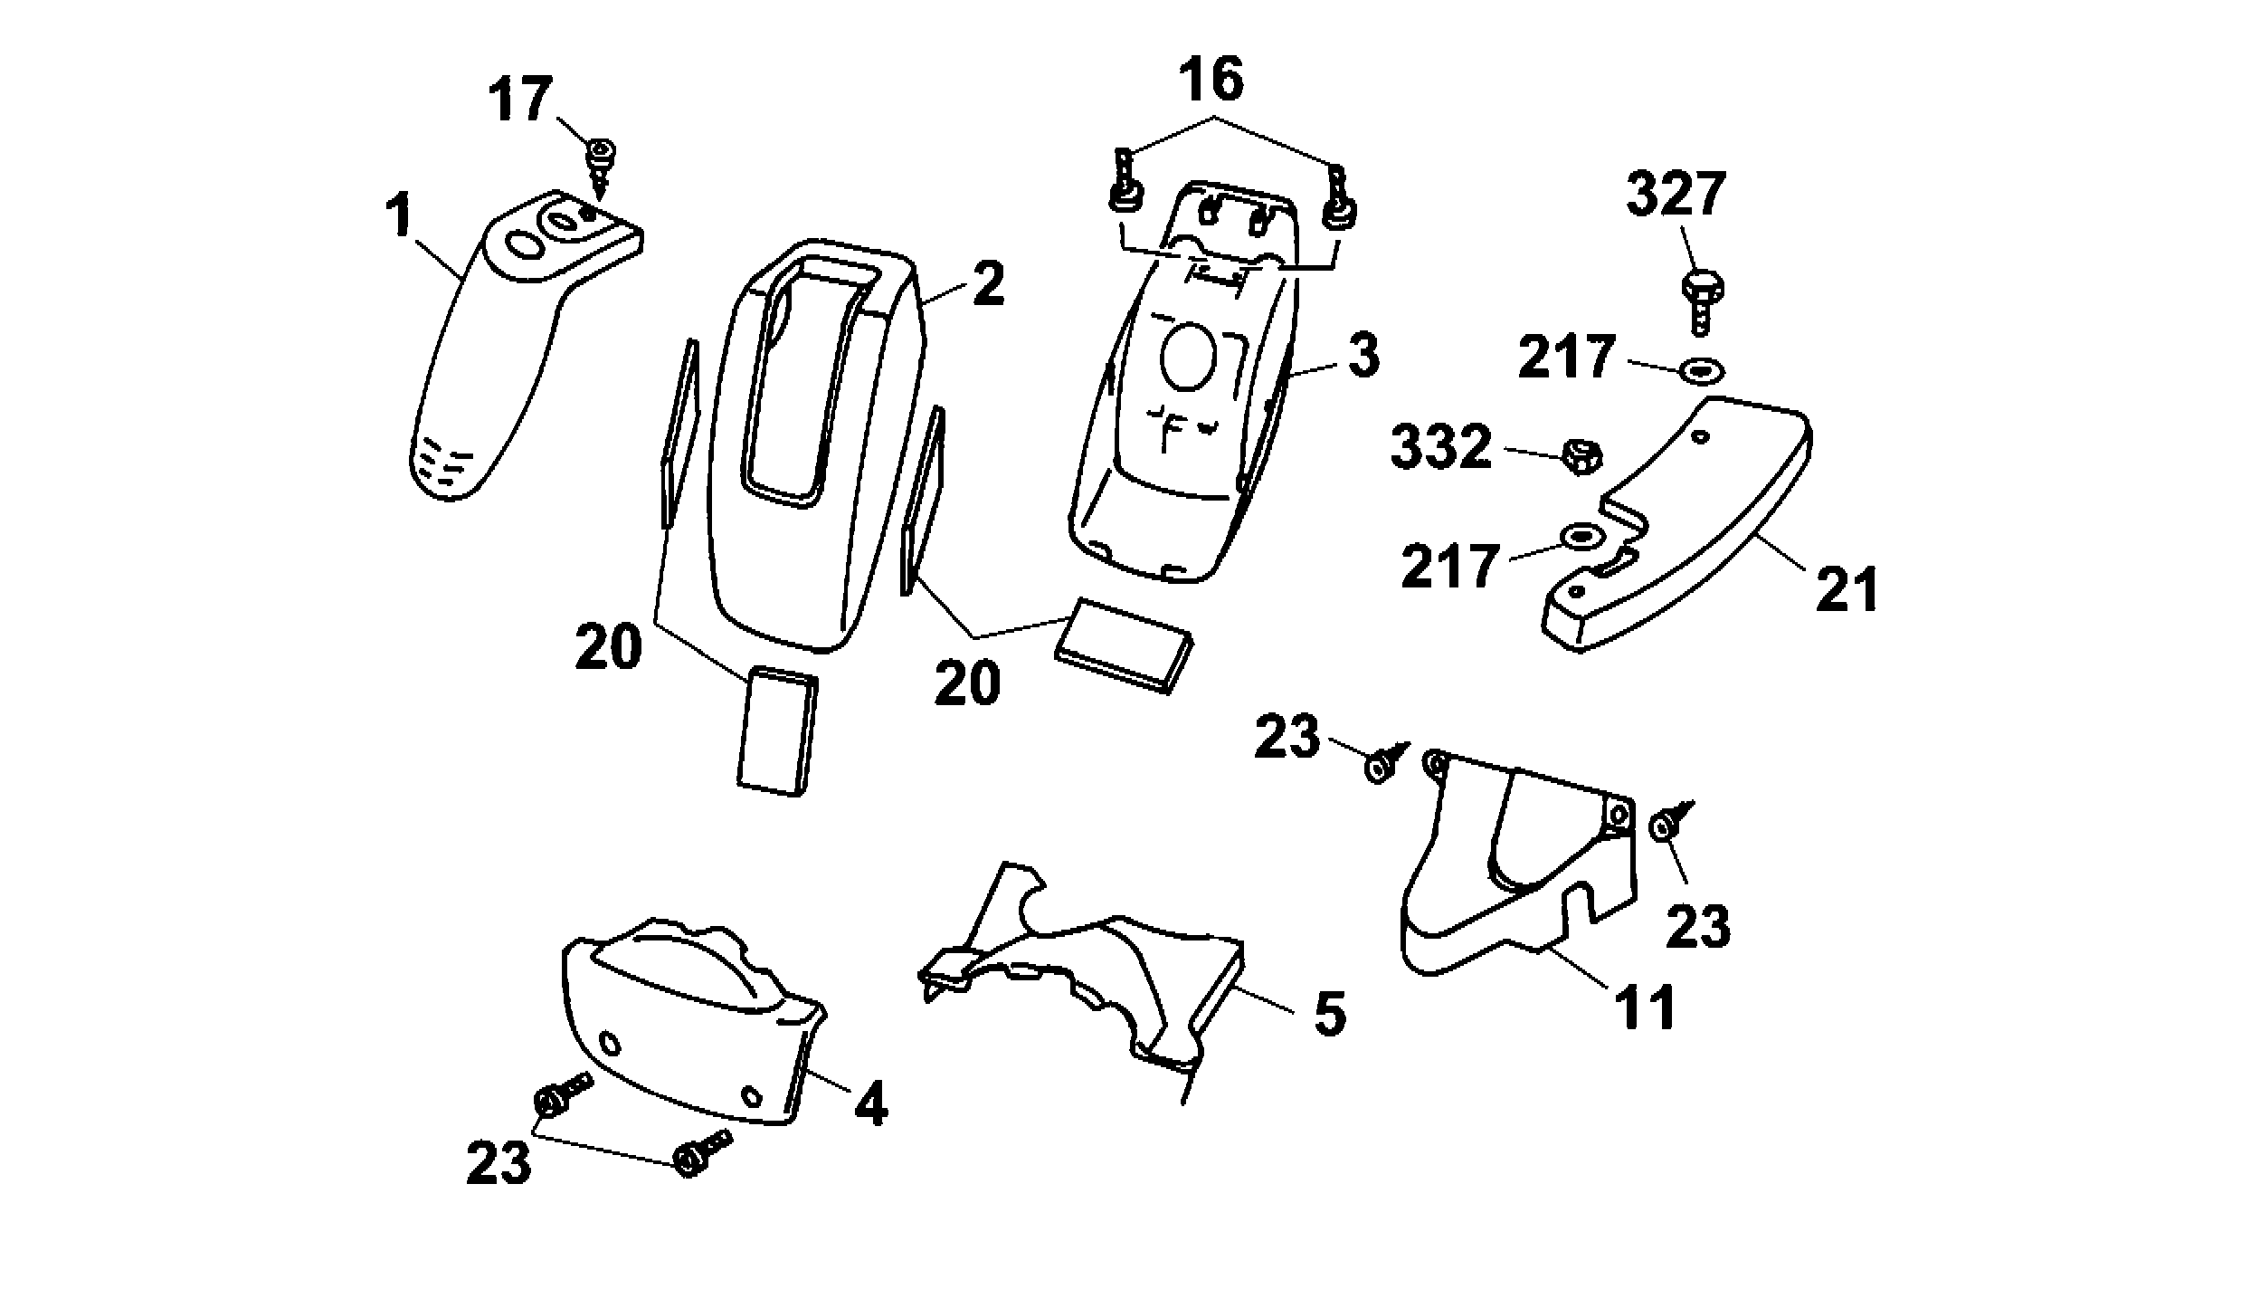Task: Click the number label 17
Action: point(520,100)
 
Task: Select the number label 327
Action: point(1676,195)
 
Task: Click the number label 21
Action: point(1847,590)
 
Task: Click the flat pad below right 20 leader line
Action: point(1122,644)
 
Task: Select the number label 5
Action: point(1328,1015)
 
